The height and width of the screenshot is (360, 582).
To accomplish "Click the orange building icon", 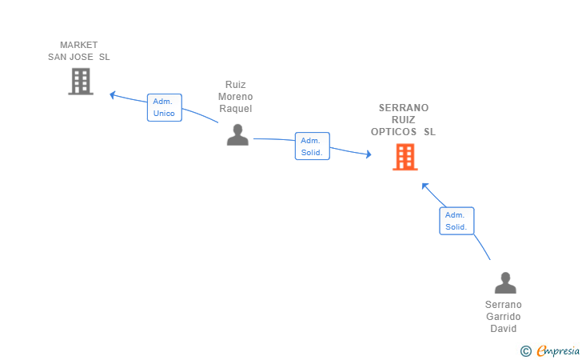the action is tap(405, 157).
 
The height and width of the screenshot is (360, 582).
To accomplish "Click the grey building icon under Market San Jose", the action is tap(81, 82).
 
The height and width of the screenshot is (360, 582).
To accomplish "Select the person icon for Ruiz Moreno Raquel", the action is tap(237, 134).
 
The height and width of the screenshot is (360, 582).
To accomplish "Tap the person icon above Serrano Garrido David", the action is tap(505, 282).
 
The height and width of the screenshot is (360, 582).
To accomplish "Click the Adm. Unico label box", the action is tap(165, 107).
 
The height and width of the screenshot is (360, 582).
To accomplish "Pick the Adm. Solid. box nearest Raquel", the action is tap(312, 146).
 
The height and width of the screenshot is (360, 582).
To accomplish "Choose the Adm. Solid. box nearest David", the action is tap(456, 221).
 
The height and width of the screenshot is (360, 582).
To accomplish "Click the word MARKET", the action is tap(78, 45).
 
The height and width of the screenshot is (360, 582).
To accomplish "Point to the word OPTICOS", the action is tap(393, 132).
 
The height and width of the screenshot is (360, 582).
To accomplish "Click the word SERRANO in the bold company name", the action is tap(404, 108).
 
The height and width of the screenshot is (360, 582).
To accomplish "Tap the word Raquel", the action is tap(235, 109).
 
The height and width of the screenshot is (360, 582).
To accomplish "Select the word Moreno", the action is tap(235, 97).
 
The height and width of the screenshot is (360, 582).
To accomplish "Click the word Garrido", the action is tap(504, 317).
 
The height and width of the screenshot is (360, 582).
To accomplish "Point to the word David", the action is tap(504, 329).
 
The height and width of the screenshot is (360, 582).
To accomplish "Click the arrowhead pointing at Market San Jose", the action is tap(113, 94).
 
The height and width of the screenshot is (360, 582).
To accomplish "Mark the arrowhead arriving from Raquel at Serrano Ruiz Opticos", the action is tap(369, 154).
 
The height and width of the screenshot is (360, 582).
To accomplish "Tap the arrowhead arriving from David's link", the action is tap(425, 186).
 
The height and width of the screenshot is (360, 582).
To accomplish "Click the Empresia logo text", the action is tap(558, 350).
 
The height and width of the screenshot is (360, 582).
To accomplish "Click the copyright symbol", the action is tap(525, 351).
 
